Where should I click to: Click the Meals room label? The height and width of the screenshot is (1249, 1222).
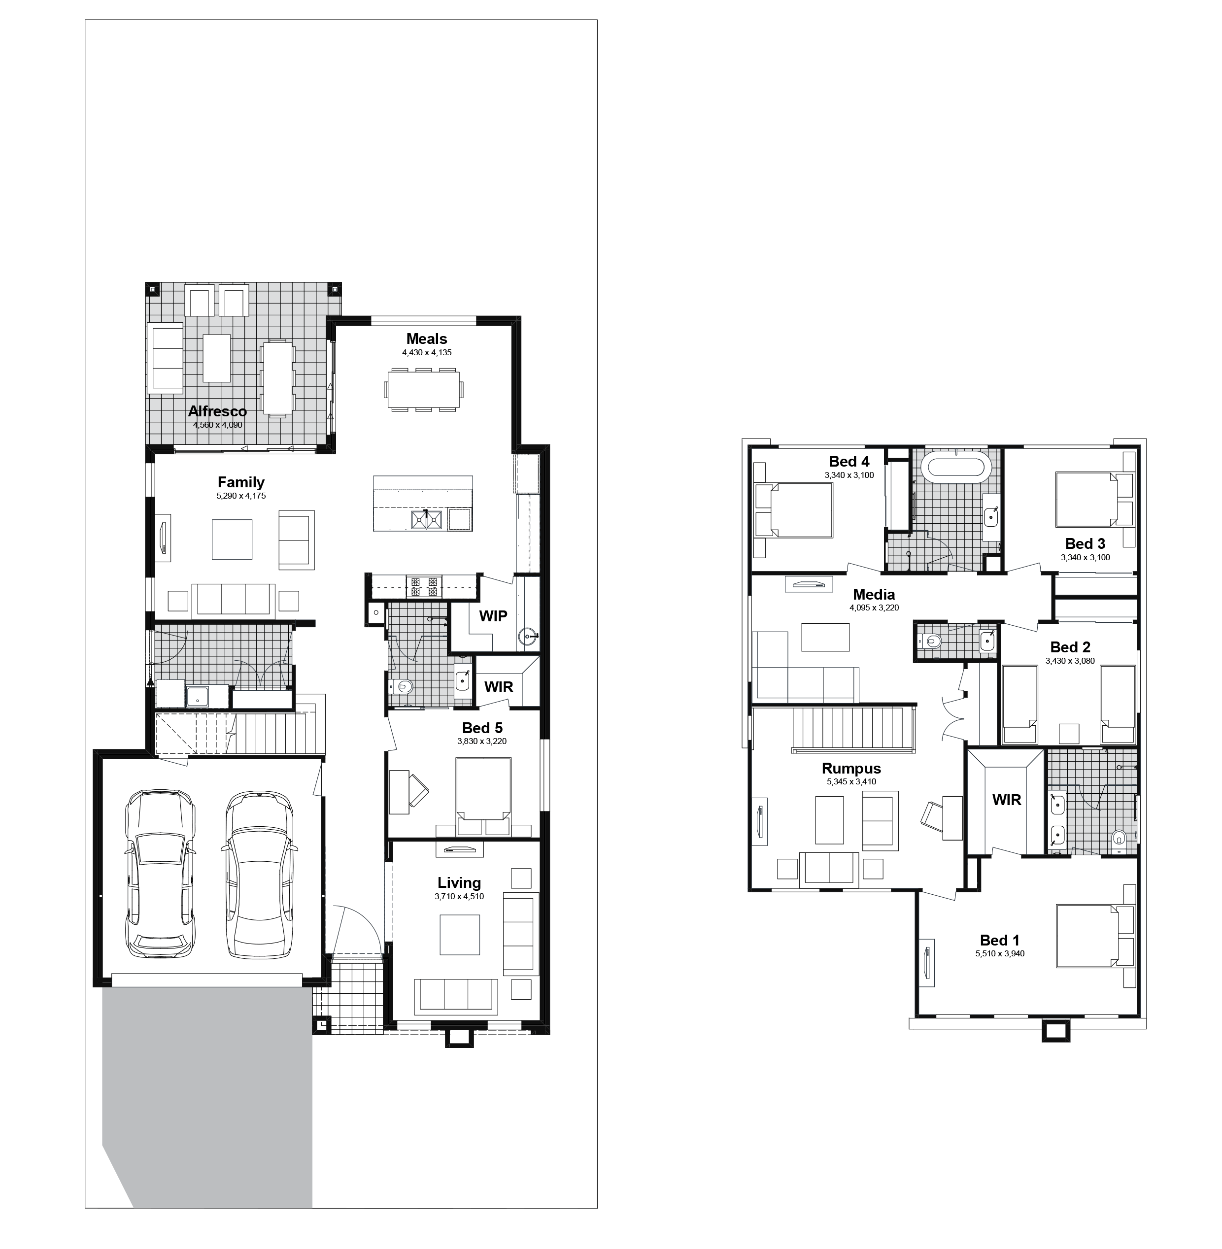coord(427,339)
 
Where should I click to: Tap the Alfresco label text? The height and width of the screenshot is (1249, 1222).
coord(218,411)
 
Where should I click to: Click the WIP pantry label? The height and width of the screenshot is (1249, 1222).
coord(493,616)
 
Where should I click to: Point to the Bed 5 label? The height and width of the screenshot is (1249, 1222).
coord(482,728)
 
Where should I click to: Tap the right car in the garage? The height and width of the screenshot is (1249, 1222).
coord(259,876)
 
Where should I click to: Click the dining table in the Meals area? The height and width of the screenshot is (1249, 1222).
coord(424,389)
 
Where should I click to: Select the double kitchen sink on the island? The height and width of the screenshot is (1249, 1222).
coord(427,519)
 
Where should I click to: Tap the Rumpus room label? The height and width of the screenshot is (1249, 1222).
coord(851,769)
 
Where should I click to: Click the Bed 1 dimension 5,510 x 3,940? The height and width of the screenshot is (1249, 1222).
coord(1000,954)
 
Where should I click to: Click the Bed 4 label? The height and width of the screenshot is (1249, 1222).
coord(849,462)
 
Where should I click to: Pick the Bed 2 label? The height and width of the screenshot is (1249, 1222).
coord(1071,647)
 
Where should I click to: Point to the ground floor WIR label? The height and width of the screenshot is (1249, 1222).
coord(499,687)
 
